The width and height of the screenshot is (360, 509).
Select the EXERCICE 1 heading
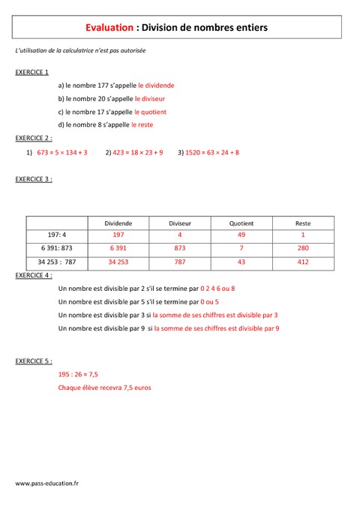[32, 73]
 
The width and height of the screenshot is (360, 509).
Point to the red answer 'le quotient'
[151, 112]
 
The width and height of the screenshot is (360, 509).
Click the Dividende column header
[117, 223]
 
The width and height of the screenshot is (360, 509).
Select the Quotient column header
[241, 223]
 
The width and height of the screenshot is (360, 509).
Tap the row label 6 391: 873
[57, 248]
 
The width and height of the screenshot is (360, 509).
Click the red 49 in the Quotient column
[241, 235]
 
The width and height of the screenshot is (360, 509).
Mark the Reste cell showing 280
[303, 248]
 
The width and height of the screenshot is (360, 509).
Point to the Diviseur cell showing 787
[179, 262]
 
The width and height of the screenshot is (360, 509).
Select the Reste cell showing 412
[303, 262]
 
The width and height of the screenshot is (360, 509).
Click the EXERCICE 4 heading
[34, 275]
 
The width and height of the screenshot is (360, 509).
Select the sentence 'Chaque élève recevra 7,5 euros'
[104, 388]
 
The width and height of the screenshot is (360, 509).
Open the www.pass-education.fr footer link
[47, 484]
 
